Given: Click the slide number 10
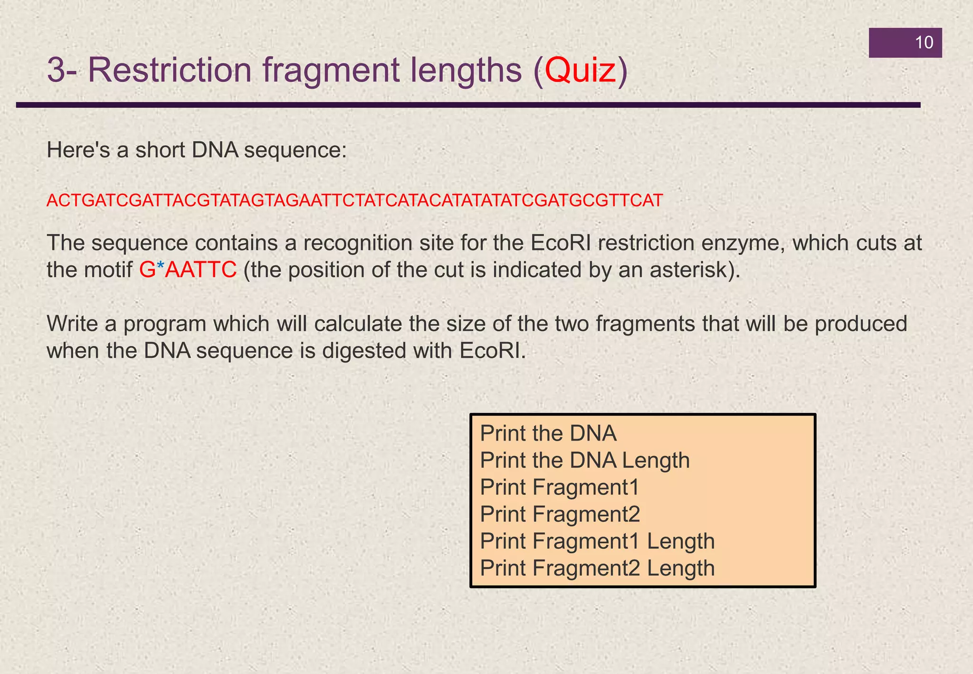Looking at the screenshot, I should pyautogui.click(x=924, y=43).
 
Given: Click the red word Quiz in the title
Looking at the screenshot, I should pyautogui.click(x=580, y=71).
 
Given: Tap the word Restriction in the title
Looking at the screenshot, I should pyautogui.click(x=170, y=71).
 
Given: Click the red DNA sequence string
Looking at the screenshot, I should pyautogui.click(x=354, y=201).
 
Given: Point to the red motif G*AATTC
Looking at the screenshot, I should pyautogui.click(x=188, y=270).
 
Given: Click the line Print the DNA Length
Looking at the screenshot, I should pyautogui.click(x=584, y=460).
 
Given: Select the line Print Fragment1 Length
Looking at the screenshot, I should pyautogui.click(x=597, y=541).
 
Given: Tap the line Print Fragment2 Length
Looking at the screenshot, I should pyautogui.click(x=597, y=568).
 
